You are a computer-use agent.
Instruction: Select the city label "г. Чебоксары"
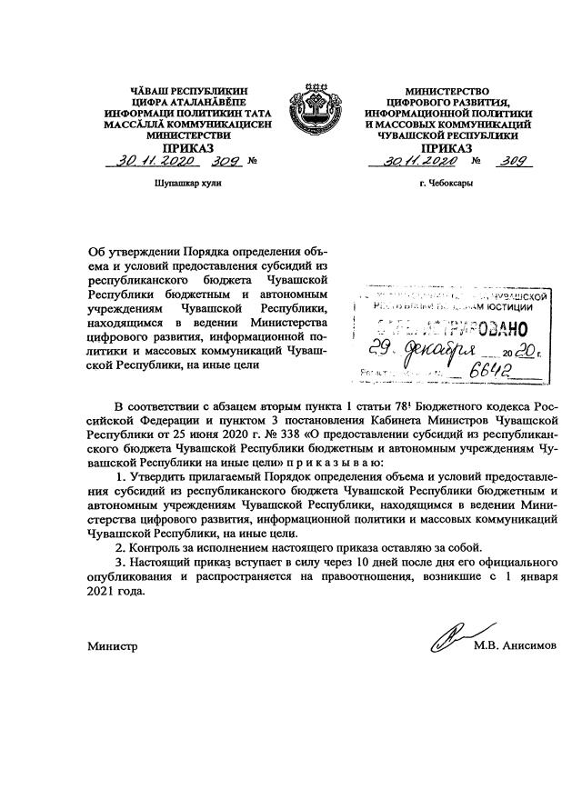coord(445,184)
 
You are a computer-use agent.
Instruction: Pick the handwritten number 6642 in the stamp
coord(490,371)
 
